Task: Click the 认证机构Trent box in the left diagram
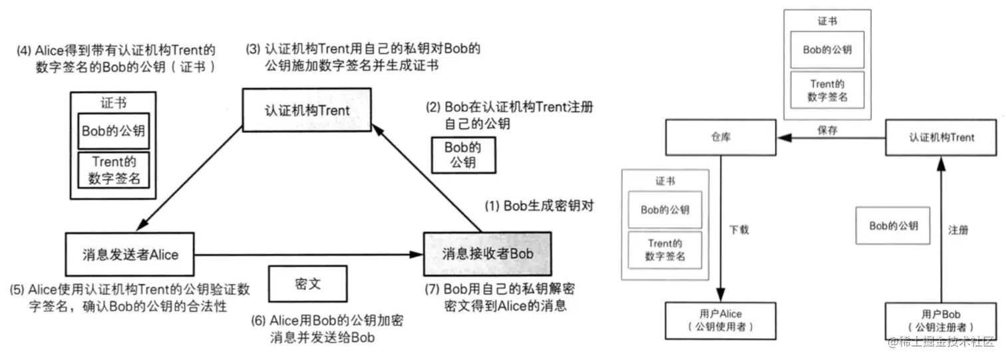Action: pos(306,110)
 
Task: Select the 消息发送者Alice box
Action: pos(130,254)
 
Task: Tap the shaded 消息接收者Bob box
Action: pos(488,254)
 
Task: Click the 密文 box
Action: pos(307,283)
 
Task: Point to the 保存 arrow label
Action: pos(827,130)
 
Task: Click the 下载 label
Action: pos(739,230)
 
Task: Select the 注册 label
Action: pos(957,230)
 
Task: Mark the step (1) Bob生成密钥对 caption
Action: pos(538,205)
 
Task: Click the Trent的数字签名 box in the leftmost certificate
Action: pos(113,170)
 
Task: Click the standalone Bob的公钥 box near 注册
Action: pos(894,226)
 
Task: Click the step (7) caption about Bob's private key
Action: pos(500,298)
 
